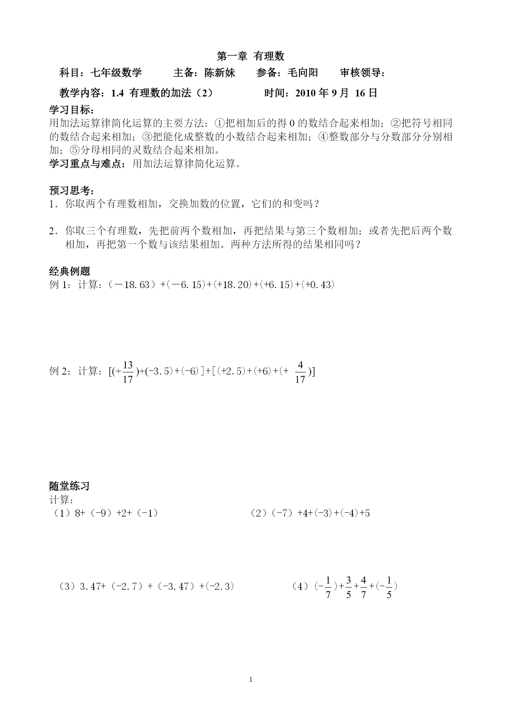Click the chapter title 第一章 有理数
[x=251, y=56]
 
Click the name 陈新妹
[x=220, y=73]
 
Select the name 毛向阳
[x=303, y=73]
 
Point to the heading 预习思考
[x=71, y=190]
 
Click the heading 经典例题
[x=70, y=271]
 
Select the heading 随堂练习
[x=70, y=486]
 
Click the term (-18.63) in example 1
[x=133, y=285]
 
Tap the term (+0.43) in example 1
[x=318, y=285]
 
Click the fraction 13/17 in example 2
[x=128, y=372]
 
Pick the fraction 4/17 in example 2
[x=300, y=372]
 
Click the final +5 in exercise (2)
[x=365, y=513]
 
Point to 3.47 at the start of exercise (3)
[x=90, y=586]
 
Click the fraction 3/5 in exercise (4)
[x=348, y=587]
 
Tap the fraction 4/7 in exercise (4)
[x=363, y=587]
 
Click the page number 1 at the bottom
[x=251, y=680]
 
